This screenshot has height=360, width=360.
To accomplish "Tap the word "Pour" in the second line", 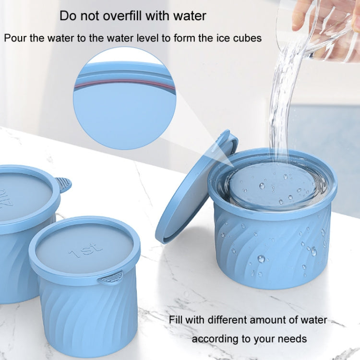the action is pyautogui.click(x=15, y=38).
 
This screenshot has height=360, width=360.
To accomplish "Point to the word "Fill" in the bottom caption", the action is pyautogui.click(x=176, y=320).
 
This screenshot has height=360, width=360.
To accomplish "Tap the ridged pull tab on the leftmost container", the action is pyautogui.click(x=63, y=184).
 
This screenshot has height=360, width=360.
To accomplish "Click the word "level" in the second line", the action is pyautogui.click(x=148, y=38).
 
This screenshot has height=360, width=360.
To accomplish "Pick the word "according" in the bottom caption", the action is pyautogui.click(x=210, y=339).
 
